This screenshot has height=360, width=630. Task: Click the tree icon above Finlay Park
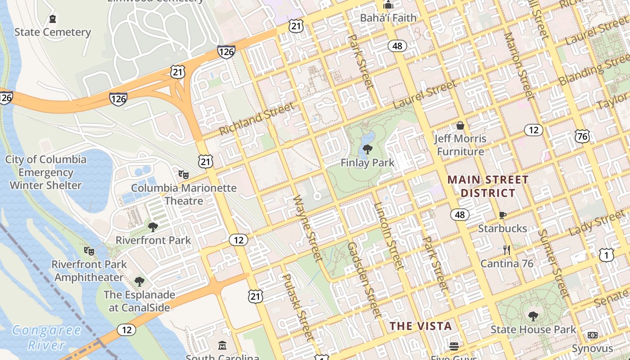(x=368, y=149)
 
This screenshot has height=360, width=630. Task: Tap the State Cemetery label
(x=53, y=32)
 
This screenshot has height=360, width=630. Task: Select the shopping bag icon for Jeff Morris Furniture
(x=460, y=125)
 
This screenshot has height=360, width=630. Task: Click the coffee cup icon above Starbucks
(x=503, y=215)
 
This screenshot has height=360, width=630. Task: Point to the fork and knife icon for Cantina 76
(x=507, y=250)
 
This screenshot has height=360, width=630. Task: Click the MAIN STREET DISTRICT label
(x=488, y=186)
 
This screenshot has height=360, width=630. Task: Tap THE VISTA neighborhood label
(x=420, y=326)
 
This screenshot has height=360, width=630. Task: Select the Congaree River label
(x=46, y=337)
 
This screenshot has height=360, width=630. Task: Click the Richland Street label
(x=256, y=118)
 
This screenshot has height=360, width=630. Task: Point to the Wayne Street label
(x=308, y=229)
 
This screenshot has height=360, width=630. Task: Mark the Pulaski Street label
(x=297, y=307)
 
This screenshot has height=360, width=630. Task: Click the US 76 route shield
(x=582, y=136)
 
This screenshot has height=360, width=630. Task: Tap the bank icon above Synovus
(x=592, y=335)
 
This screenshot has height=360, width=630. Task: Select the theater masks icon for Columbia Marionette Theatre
(x=183, y=174)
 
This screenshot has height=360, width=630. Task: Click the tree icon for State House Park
(x=533, y=316)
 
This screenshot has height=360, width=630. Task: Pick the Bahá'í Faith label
(x=388, y=18)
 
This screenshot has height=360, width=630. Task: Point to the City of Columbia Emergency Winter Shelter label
(x=45, y=172)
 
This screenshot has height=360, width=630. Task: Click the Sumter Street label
(x=554, y=264)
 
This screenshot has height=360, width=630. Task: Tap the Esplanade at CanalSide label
(x=139, y=301)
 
